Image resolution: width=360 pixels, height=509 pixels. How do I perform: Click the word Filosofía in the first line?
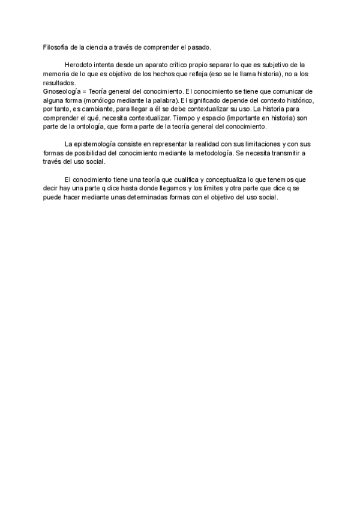pyautogui.click(x=56, y=47)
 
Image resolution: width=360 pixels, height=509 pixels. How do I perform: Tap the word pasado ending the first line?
pyautogui.click(x=198, y=47)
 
